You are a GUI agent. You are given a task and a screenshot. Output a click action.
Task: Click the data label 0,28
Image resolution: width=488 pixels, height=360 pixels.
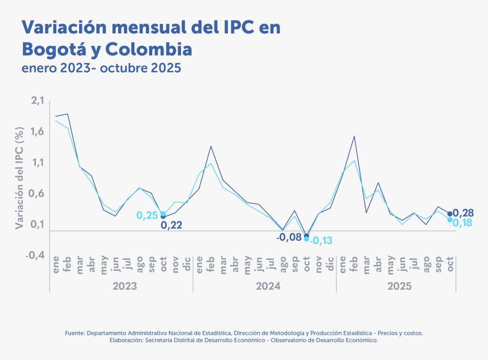coord(463,213)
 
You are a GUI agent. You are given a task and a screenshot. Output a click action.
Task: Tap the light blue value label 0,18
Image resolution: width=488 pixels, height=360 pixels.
coord(463,223)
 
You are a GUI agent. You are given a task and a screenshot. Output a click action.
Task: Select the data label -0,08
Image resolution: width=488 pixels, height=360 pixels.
coord(289,237)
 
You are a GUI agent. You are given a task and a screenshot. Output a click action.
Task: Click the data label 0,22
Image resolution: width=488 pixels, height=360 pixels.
coord(172,226)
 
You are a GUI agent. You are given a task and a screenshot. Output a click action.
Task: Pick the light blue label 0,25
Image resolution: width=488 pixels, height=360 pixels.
coord(147,216)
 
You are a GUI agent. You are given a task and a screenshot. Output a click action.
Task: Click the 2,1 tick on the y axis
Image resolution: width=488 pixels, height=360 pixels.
coord(37,101)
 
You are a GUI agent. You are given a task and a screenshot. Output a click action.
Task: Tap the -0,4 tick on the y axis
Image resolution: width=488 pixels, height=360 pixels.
coord(34,255)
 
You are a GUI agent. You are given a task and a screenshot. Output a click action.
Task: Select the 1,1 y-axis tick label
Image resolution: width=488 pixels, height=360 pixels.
coord(37,163)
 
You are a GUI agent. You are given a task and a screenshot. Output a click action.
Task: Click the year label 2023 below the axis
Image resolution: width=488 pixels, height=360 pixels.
coord(125,286)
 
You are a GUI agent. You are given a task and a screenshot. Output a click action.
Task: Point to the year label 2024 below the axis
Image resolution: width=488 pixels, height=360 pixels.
coord(268,286)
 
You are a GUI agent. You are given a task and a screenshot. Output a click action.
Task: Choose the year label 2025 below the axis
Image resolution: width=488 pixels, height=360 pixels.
coord(399,286)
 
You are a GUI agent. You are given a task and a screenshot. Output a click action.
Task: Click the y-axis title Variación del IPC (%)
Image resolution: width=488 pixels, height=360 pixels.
coord(20,178)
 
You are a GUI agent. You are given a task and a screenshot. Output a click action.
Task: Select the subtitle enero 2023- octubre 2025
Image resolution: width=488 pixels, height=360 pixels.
coord(102,68)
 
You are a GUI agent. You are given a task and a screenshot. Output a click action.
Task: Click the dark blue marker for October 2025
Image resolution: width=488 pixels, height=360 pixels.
coord(450,214)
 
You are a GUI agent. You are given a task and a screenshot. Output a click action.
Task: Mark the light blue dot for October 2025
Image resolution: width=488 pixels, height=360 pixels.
coord(450,219)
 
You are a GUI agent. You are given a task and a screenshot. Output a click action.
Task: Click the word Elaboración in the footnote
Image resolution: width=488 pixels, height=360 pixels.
coord(126,340)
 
